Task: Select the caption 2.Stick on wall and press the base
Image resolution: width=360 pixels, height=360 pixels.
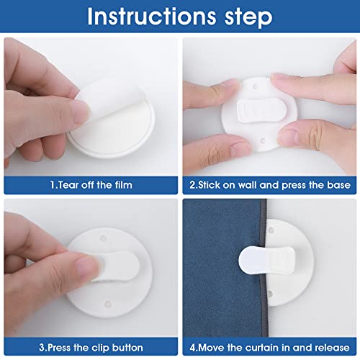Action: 270,185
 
